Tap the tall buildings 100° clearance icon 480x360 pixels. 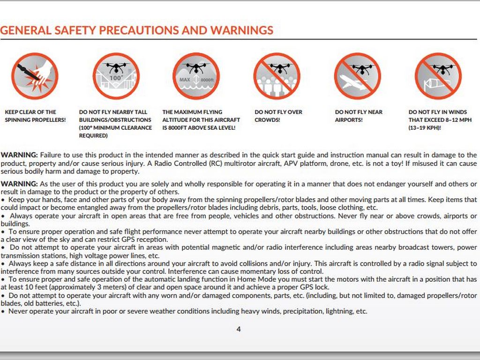point(116,76)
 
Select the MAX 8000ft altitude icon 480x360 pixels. point(196,76)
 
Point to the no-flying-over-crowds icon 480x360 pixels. point(277,76)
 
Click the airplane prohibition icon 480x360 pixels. point(357,76)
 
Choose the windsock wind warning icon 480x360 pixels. point(438,76)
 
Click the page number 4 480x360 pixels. point(239,329)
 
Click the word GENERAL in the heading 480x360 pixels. point(25,31)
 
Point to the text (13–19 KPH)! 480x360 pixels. point(425,127)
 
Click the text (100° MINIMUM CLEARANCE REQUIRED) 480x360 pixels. point(115,131)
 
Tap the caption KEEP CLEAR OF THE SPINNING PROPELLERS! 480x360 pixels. point(35,116)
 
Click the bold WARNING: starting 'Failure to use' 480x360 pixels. point(19,155)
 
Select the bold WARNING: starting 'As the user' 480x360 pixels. point(19,184)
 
